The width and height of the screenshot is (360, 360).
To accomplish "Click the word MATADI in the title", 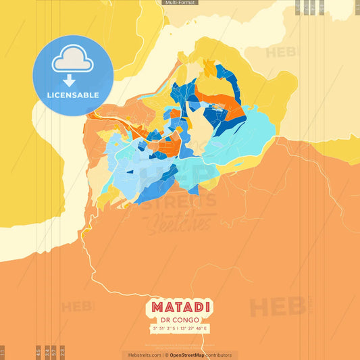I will click(x=180, y=307).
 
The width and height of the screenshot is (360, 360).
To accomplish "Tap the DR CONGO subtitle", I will click(x=180, y=320).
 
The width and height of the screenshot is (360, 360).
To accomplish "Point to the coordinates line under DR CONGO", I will click(x=180, y=328).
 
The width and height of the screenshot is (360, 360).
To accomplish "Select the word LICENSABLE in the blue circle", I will click(x=73, y=95).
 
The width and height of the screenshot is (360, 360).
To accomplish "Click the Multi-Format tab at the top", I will click(x=180, y=3).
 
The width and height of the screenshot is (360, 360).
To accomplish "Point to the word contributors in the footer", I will click(x=218, y=355).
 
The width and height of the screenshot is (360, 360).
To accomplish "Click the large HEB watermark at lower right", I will click(x=277, y=307).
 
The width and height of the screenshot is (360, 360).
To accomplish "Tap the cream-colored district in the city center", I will click(x=197, y=128).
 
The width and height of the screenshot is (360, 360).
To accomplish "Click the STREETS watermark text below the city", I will click(x=180, y=201).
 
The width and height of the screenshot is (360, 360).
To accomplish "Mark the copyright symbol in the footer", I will click(x=166, y=355).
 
